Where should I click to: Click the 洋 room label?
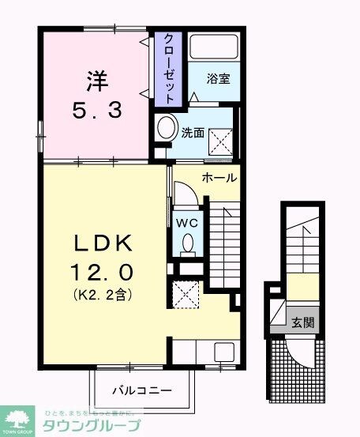pos(95,81)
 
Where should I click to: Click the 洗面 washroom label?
pos(193,133)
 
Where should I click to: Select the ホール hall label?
pos(219,178)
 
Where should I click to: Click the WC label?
pos(188,222)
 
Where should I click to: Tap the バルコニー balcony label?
pos(141,390)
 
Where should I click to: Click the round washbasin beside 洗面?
pos(166,129)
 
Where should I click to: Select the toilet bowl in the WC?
pos(188,247)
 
